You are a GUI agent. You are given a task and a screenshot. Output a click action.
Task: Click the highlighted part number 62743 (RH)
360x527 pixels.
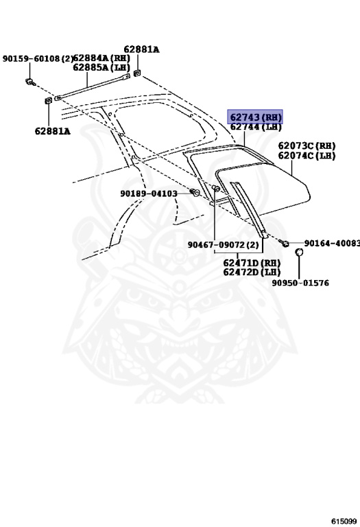point(255,117)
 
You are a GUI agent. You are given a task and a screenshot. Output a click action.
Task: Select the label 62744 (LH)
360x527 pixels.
point(256,127)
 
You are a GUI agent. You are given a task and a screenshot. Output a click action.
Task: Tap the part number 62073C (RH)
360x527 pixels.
point(307,146)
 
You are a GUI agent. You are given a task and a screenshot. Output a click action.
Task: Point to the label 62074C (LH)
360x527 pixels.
point(307,156)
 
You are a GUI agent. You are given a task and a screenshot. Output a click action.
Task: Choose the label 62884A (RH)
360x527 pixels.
point(101,58)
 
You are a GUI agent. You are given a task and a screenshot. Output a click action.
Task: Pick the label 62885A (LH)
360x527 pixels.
point(101,67)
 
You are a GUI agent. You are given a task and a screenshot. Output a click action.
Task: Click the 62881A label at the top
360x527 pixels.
point(141,49)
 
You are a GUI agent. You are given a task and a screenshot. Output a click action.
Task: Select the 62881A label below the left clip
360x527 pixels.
point(52,131)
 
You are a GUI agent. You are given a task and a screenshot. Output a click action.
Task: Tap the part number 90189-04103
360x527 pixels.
point(149,194)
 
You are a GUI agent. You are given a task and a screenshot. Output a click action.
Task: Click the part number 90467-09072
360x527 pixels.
point(217,245)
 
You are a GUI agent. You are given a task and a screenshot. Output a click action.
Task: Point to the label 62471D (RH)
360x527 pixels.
point(252,263)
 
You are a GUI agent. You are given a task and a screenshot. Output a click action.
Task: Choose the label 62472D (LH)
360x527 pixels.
point(252,272)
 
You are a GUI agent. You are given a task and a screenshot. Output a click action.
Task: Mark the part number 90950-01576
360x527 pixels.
point(300,283)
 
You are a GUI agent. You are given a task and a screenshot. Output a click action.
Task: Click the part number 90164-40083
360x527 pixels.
point(332,243)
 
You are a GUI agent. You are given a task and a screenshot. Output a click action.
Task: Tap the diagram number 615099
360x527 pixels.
point(344,522)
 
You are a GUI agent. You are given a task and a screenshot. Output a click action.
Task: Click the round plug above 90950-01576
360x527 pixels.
point(299,252)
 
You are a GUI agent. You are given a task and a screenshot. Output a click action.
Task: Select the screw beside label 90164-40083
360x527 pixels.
point(284,243)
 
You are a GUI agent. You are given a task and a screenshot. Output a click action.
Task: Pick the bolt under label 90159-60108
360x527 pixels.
point(30,82)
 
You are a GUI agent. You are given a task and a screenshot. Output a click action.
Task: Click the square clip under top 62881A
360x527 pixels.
point(137,73)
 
